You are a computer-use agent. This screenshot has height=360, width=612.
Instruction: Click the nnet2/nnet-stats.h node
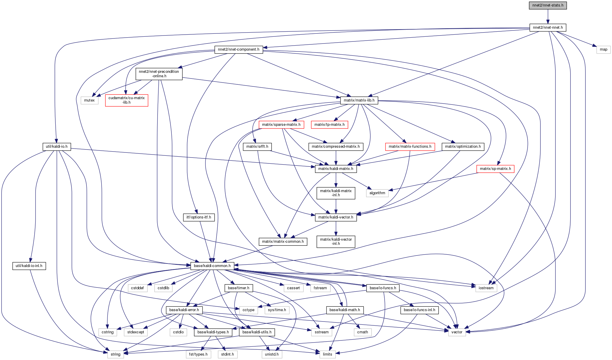(548, 5)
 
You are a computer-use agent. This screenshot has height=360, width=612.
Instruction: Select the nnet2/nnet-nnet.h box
(548, 28)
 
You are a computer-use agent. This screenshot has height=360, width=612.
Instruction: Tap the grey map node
(603, 49)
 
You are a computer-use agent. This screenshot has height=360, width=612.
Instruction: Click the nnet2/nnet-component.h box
(238, 49)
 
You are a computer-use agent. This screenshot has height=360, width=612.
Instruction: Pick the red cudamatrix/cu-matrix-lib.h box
(126, 100)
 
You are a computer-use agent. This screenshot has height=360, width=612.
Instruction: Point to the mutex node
(89, 100)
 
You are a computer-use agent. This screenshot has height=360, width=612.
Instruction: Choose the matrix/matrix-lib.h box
(359, 100)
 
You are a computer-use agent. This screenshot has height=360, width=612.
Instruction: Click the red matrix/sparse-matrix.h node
(281, 125)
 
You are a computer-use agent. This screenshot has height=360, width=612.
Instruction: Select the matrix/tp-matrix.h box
(329, 125)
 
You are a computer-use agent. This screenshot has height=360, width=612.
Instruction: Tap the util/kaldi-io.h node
(57, 147)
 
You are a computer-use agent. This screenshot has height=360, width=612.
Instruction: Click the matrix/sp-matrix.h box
(495, 169)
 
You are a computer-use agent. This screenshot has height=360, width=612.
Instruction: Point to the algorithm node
(377, 193)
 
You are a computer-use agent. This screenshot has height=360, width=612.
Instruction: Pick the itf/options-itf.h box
(199, 217)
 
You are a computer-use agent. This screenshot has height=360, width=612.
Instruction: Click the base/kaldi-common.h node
(212, 266)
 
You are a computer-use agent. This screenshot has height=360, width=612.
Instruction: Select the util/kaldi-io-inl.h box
(29, 266)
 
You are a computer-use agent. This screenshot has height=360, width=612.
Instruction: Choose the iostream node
(486, 288)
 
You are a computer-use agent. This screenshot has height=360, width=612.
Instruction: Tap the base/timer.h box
(239, 288)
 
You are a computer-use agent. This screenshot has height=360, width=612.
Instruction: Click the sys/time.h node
(277, 310)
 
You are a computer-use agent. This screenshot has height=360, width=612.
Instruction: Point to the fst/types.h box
(198, 354)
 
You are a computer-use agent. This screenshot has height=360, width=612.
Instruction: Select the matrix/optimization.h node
(463, 147)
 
